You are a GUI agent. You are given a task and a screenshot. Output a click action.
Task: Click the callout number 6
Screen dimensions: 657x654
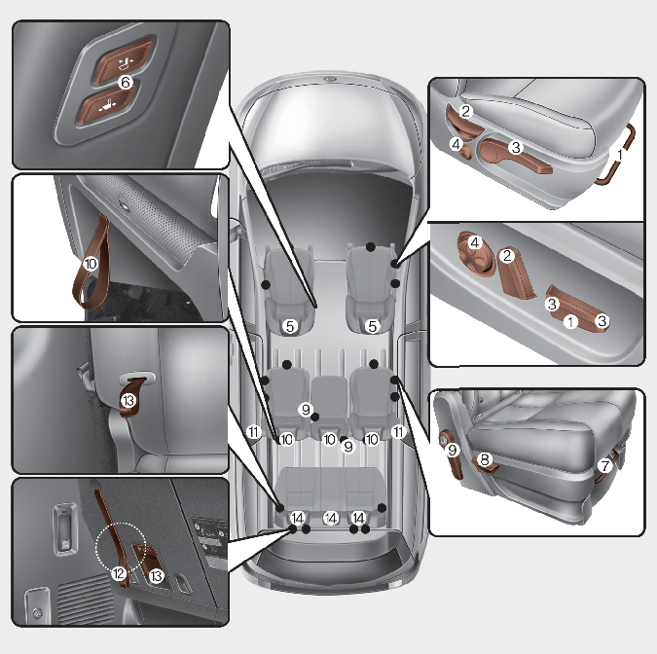[x=126, y=82]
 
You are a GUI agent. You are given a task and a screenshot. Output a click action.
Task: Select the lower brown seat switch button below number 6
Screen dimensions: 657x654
[x=107, y=105]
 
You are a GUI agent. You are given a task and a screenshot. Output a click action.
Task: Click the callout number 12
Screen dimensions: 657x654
[x=119, y=573]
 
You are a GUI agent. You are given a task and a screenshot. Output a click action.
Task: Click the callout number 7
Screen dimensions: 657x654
[x=604, y=465]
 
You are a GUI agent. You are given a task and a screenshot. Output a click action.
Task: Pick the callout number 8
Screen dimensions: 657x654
[x=485, y=459]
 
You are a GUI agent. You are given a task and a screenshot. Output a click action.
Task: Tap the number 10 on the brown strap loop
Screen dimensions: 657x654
[x=91, y=264]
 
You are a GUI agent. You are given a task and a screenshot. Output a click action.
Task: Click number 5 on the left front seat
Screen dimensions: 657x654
[x=290, y=326]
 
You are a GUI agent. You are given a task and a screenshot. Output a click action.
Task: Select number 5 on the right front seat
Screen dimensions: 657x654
[x=373, y=326]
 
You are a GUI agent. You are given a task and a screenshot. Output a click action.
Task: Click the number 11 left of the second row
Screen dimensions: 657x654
[x=253, y=431]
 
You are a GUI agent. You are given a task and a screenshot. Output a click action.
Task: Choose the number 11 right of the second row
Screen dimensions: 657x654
[x=398, y=431]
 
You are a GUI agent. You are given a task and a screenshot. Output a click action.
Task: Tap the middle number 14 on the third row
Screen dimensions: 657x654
[x=331, y=519]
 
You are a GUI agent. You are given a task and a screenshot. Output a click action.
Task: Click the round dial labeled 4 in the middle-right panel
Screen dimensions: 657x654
[x=475, y=253]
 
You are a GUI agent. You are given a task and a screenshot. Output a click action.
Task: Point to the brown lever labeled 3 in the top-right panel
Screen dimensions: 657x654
[x=515, y=157]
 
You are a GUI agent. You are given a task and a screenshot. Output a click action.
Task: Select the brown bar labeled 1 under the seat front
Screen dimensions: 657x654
[x=615, y=155]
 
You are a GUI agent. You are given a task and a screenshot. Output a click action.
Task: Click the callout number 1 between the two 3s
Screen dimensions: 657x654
[x=570, y=322]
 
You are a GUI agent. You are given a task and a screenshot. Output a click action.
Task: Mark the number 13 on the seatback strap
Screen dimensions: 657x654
[x=128, y=401]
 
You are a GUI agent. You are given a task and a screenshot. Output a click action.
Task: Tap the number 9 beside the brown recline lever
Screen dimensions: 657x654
[x=452, y=450]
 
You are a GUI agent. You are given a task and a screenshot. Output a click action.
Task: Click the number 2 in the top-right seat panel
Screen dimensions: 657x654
[x=465, y=112]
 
